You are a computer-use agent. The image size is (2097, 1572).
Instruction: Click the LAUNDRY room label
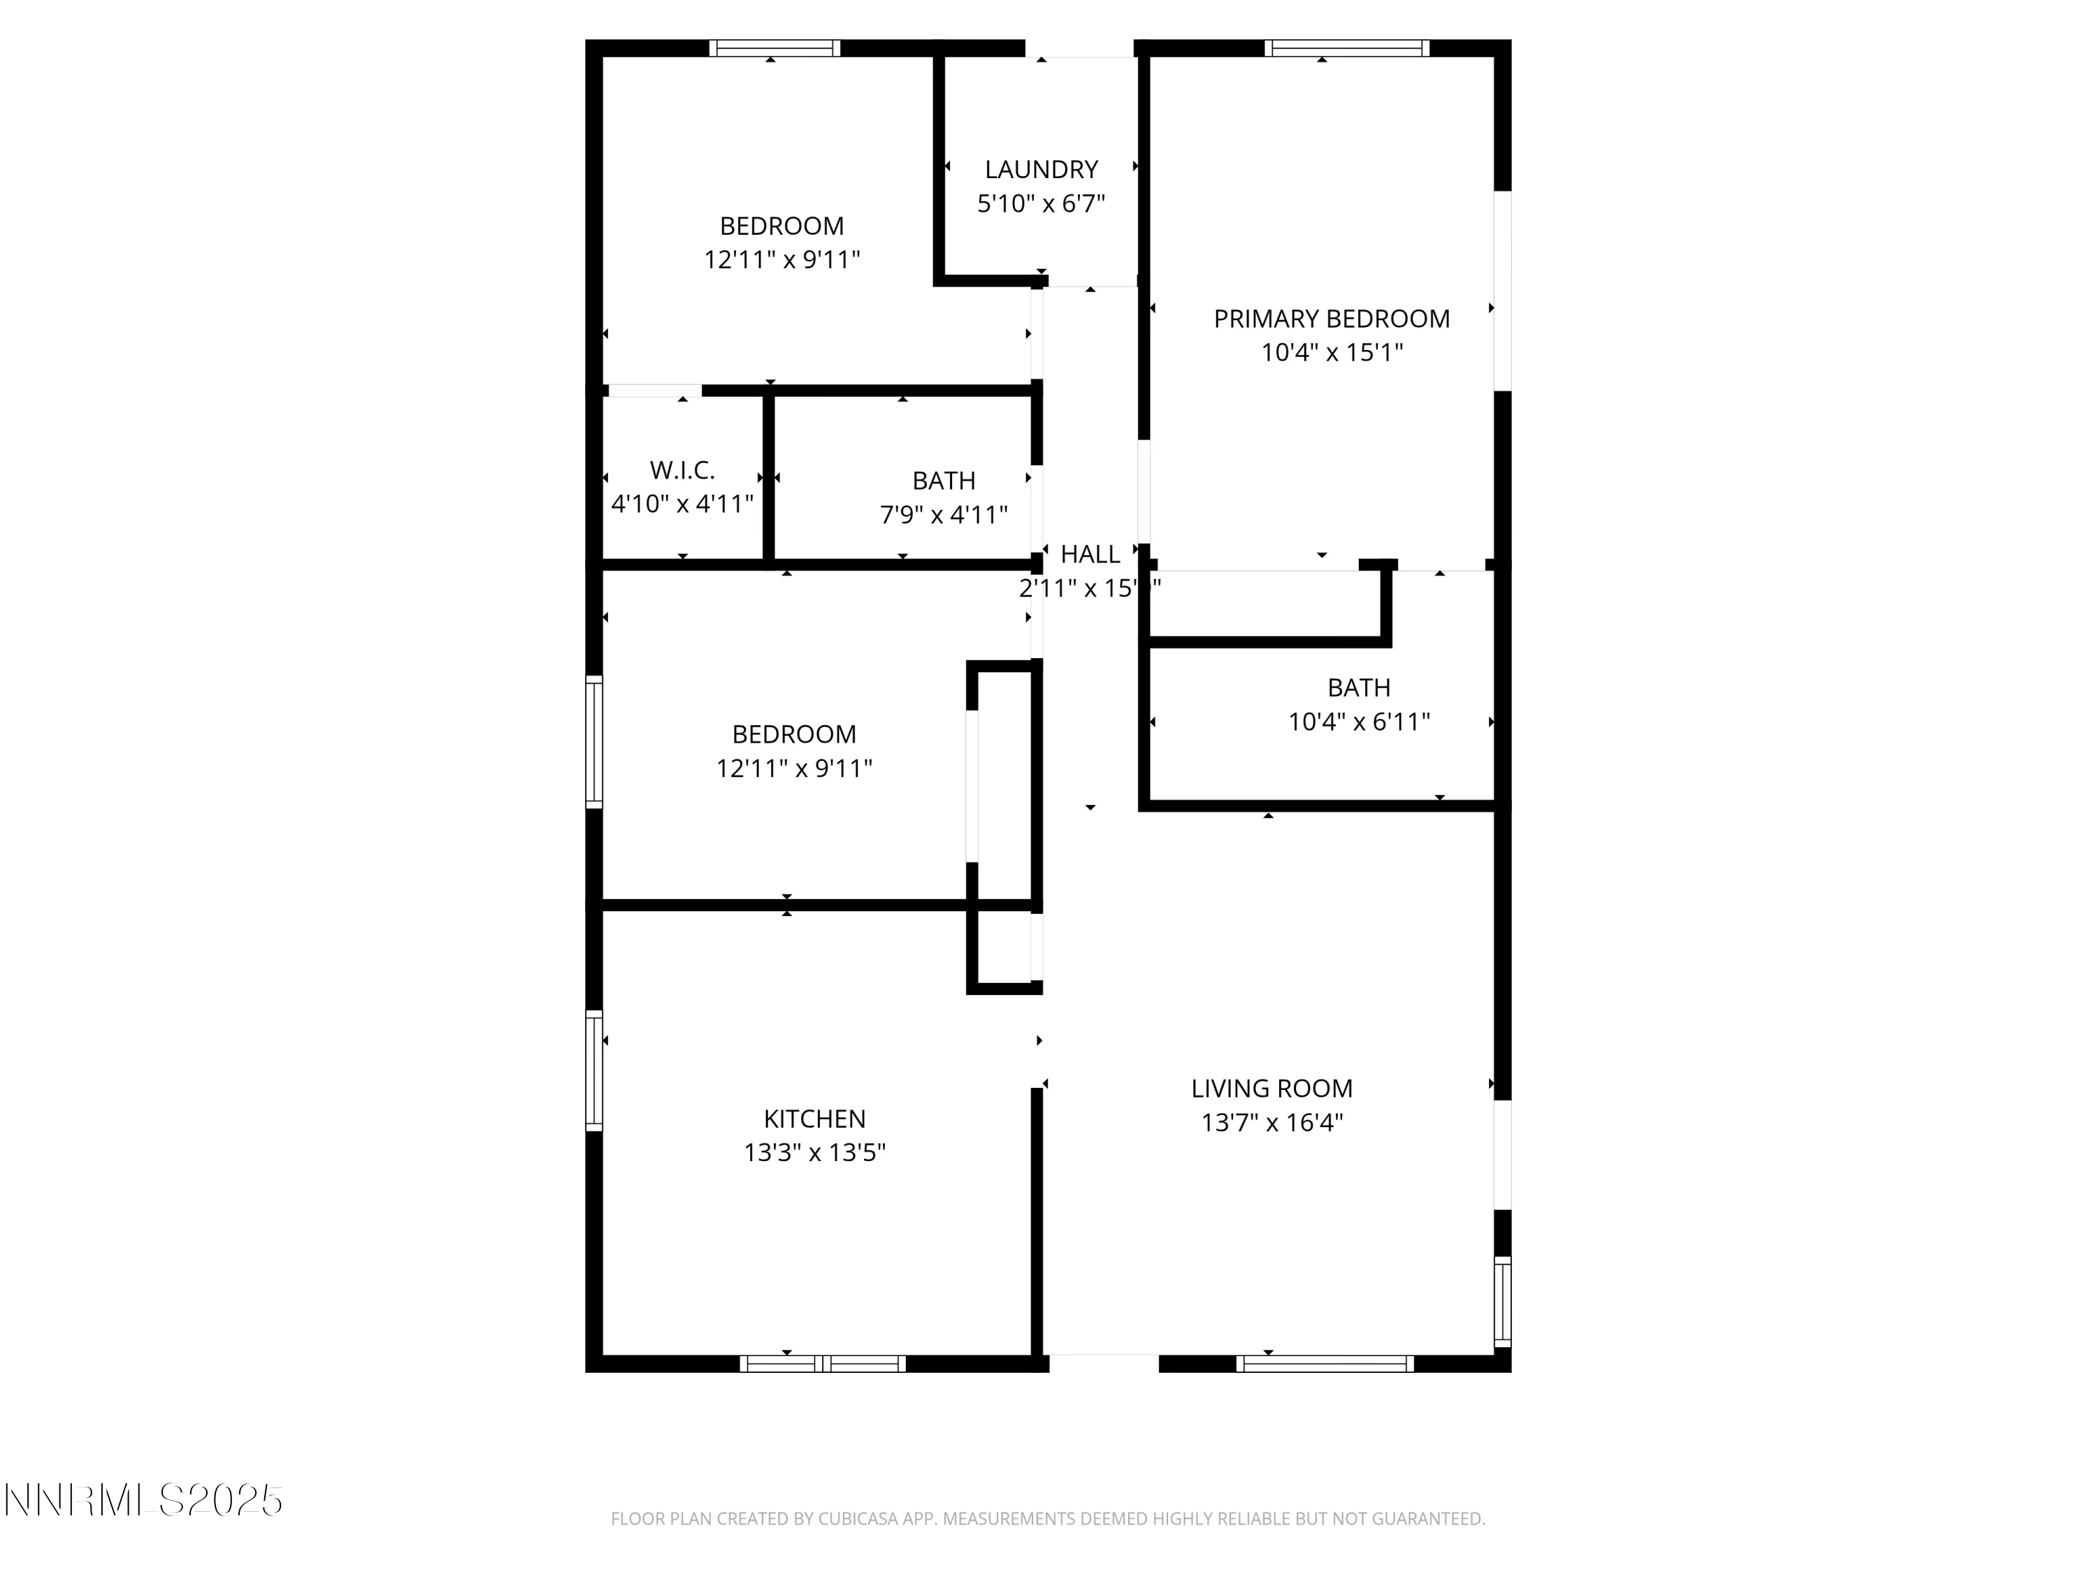pos(1041,170)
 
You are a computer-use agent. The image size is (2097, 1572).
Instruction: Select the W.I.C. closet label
pos(682,470)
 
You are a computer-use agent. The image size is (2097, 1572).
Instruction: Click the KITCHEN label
pos(814,1119)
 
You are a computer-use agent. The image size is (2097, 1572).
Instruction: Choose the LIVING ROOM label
pos(1271,1089)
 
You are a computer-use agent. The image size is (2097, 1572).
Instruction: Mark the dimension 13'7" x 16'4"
pos(1271,1123)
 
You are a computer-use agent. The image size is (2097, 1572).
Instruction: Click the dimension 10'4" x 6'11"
pos(1358,722)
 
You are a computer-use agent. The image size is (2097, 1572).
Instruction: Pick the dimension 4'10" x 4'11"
pos(682,504)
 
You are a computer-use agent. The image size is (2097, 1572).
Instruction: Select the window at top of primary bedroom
pos(1346,48)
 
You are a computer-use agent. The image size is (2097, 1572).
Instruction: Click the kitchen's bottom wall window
pos(822,1364)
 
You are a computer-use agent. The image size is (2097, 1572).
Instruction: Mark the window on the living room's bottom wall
pos(1325,1364)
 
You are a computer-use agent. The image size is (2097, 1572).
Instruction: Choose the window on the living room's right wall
pos(1503,1301)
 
